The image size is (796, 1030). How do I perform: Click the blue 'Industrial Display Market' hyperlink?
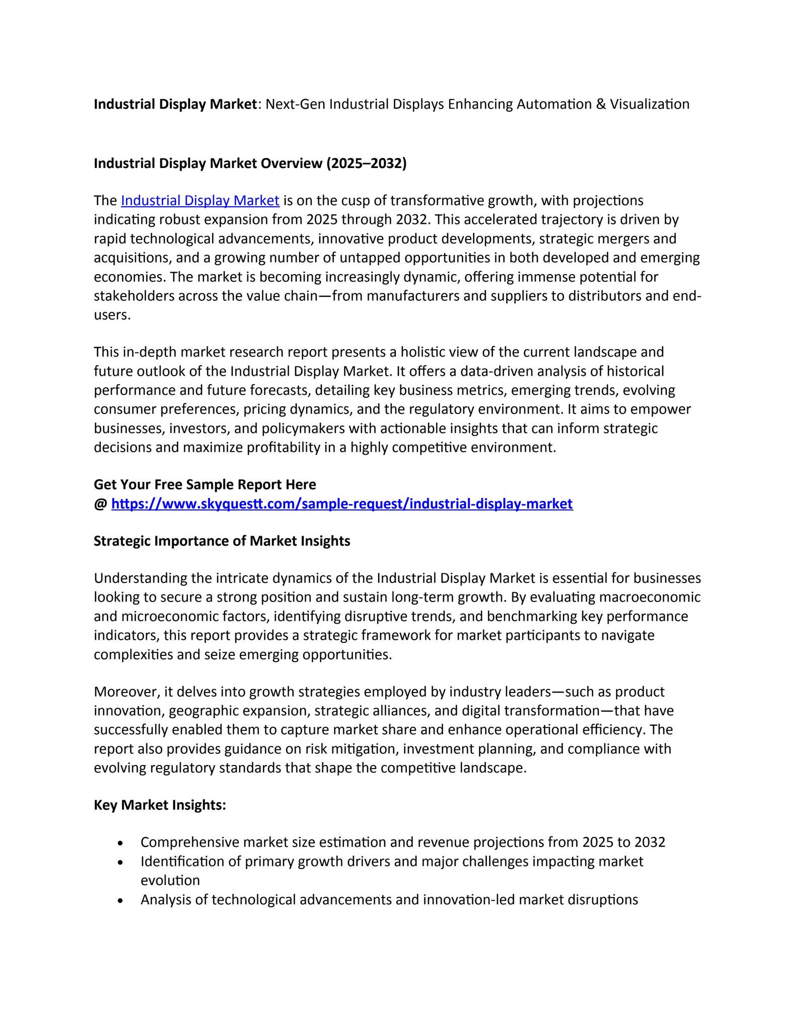coord(200,201)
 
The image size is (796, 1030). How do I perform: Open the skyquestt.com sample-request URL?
coord(342,503)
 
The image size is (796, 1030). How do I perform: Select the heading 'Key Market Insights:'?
coord(160,805)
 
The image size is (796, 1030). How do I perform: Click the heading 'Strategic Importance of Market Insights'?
coord(222,541)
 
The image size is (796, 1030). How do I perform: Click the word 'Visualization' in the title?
coord(650,104)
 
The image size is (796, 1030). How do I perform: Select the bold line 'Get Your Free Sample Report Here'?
coord(205,484)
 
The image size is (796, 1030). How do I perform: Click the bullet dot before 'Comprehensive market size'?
coord(120,843)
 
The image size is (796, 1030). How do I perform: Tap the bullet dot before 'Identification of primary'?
coord(120,862)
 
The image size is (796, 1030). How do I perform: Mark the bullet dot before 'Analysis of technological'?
coord(120,900)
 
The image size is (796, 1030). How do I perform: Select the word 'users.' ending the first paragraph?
coord(112,315)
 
